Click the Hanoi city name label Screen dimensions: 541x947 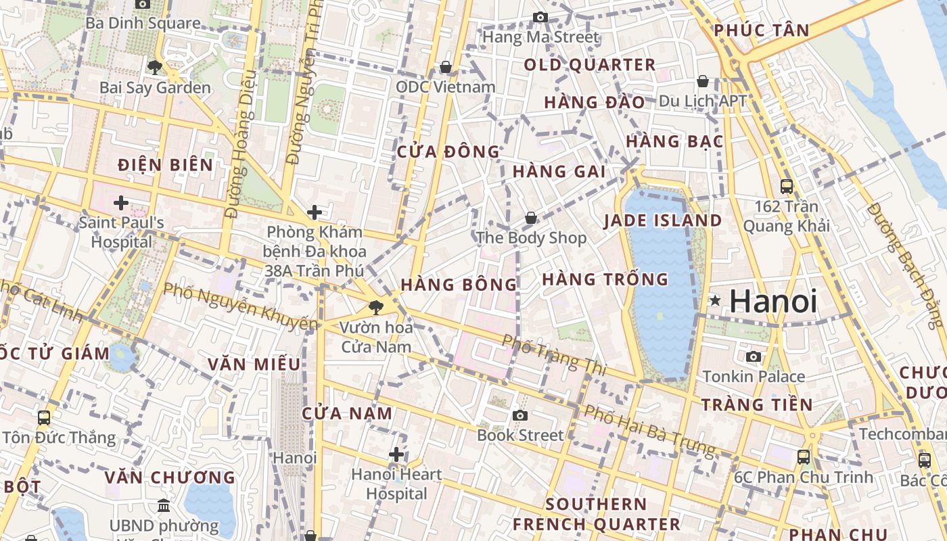click(773, 301)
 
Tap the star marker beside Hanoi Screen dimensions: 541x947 click(714, 300)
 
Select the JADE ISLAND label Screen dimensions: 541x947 click(663, 220)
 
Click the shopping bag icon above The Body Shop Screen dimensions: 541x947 click(531, 218)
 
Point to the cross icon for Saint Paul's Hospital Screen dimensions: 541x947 click(121, 202)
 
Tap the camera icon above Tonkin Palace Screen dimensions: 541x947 click(754, 356)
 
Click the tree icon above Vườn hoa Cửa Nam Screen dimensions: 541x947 click(375, 308)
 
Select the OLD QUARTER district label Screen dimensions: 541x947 click(590, 65)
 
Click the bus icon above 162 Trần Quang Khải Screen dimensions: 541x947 click(786, 186)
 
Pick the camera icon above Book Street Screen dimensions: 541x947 click(519, 415)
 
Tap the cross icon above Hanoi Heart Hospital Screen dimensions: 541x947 click(396, 454)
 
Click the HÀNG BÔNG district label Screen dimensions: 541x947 click(459, 285)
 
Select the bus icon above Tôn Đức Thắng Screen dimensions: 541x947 click(44, 418)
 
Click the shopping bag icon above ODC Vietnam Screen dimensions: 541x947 click(445, 67)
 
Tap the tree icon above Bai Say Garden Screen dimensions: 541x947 click(155, 67)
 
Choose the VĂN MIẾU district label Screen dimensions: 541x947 click(254, 364)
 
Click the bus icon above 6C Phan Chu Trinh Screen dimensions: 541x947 click(803, 457)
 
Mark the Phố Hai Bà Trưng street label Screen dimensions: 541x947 click(649, 430)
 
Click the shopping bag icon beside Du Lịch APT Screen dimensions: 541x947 click(703, 81)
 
